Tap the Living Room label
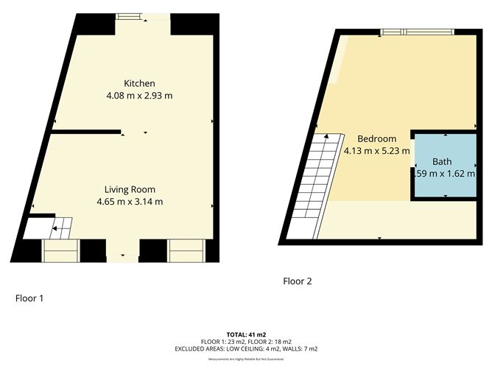(x=130, y=189)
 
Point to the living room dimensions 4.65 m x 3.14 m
(x=130, y=201)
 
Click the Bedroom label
(x=376, y=138)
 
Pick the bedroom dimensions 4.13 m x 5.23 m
(x=376, y=151)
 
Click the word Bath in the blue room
(x=442, y=161)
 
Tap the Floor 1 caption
(x=30, y=298)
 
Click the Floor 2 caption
(x=298, y=281)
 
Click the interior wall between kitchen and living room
(x=85, y=133)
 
